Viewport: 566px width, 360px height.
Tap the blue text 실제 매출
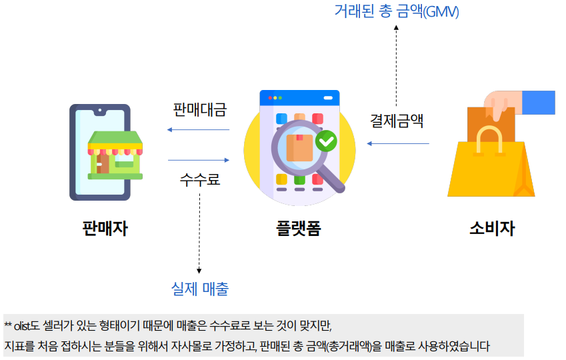click(199, 289)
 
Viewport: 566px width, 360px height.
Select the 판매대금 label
click(199, 109)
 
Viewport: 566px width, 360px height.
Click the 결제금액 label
click(397, 122)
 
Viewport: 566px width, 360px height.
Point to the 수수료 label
click(199, 179)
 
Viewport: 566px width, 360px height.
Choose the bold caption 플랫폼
click(298, 229)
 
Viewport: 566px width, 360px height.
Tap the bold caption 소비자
click(491, 229)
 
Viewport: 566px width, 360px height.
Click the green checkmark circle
click(326, 141)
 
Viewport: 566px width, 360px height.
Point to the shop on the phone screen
click(115, 155)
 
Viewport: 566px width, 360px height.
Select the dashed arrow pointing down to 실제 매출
click(199, 233)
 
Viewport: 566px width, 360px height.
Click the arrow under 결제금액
click(398, 143)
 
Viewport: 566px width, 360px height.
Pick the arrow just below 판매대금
click(198, 129)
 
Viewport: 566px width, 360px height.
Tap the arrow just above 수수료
click(198, 160)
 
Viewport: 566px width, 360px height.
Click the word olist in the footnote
click(21, 326)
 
